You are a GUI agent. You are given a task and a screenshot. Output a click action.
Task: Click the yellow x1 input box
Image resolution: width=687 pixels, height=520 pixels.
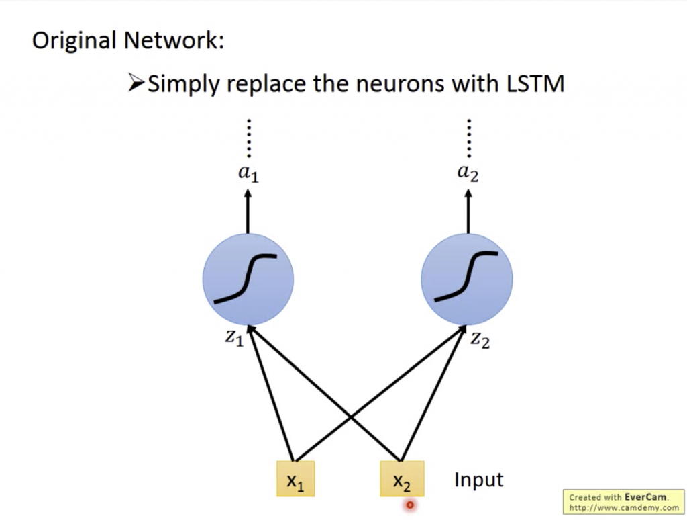(x=295, y=479)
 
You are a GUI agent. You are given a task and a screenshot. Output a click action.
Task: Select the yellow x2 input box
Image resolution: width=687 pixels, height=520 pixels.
(x=402, y=478)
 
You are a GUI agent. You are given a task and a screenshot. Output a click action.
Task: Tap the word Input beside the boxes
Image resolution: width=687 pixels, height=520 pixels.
(x=478, y=480)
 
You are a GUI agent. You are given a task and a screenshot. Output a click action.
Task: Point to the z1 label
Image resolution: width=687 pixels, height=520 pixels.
(x=233, y=339)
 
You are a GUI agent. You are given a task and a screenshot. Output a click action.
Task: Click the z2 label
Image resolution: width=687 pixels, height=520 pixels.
(x=479, y=339)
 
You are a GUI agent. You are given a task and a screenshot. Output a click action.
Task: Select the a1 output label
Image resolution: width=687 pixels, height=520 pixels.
(x=248, y=173)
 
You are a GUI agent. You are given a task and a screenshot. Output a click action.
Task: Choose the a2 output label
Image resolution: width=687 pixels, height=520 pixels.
(x=468, y=173)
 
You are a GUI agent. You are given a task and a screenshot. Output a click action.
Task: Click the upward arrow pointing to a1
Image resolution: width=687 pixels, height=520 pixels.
(x=248, y=211)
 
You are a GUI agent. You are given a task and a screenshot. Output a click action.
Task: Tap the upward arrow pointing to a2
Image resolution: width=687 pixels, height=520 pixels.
(x=468, y=211)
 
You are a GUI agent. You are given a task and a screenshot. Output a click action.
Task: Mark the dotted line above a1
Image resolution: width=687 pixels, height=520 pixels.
(x=248, y=138)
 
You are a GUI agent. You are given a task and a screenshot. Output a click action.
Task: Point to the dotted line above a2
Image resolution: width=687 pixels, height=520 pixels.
(x=468, y=138)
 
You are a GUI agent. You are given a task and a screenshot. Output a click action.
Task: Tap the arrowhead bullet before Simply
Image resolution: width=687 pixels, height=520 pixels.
(x=136, y=84)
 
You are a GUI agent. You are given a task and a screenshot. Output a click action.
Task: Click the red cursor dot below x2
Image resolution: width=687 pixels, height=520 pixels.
(x=410, y=505)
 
